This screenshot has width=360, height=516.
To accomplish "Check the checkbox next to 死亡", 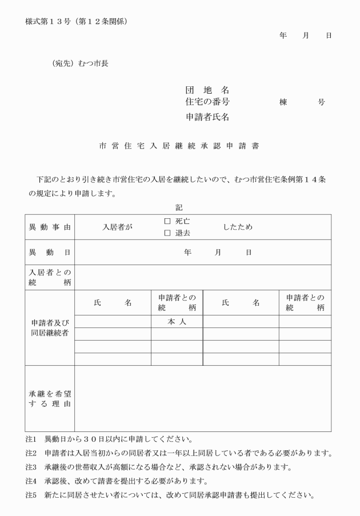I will coord(167,221).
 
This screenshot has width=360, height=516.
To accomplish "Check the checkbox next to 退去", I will coord(167,233).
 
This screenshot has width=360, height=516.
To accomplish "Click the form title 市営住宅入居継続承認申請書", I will coord(179,146).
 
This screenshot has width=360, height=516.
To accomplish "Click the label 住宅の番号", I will coord(208,102).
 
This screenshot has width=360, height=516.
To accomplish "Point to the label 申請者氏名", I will coord(208,117).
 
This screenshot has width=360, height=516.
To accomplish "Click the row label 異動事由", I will coord(50,227).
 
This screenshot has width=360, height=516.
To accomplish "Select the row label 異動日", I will coord(50,252).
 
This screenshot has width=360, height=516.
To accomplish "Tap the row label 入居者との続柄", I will coord(50,277).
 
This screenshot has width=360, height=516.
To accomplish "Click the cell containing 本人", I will coord(177,322).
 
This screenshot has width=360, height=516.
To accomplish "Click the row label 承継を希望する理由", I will coord(50,399).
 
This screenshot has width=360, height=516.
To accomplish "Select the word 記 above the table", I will coord(179,207).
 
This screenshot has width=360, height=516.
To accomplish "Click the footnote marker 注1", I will coord(31,440).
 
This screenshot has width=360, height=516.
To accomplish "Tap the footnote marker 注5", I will coord(31,495).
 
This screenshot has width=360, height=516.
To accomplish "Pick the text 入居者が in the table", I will coord(117,227).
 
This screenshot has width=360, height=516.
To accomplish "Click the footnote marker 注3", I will coord(31,467).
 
